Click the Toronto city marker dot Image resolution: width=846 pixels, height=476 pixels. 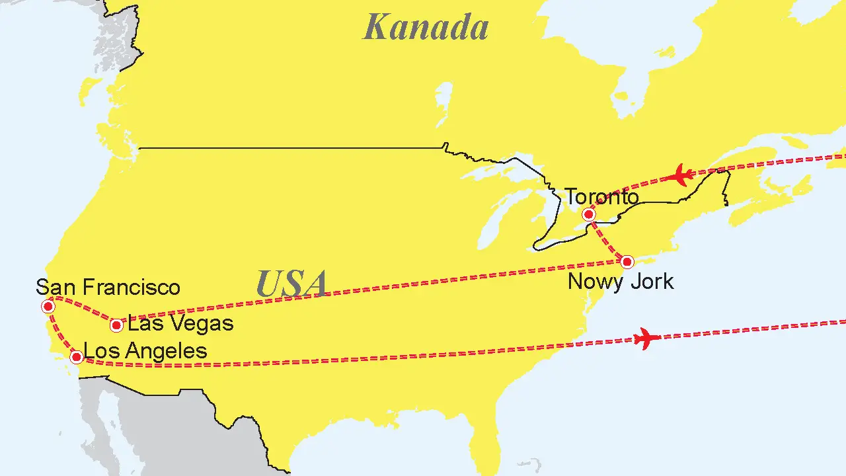click(x=588, y=214)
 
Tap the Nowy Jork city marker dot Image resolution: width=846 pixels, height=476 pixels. click(x=627, y=261)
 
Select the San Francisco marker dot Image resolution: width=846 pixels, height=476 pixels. click(x=48, y=306)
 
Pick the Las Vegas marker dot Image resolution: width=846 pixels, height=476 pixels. click(x=116, y=325)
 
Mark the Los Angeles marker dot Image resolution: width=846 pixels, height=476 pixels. click(x=76, y=357)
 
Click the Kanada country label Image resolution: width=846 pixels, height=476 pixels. click(x=426, y=28)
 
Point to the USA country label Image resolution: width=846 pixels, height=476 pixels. click(x=291, y=284)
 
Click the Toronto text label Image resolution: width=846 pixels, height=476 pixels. click(x=601, y=197)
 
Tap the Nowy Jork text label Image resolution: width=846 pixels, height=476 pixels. click(x=621, y=282)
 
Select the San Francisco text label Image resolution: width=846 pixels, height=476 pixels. click(x=108, y=287)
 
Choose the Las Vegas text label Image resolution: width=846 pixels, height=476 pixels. click(x=180, y=323)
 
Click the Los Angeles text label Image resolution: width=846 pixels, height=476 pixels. click(x=146, y=350)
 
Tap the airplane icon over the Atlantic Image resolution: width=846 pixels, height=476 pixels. click(x=646, y=339)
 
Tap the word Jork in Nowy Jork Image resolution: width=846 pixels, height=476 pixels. click(x=652, y=282)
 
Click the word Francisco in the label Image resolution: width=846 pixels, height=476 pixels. click(x=135, y=287)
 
